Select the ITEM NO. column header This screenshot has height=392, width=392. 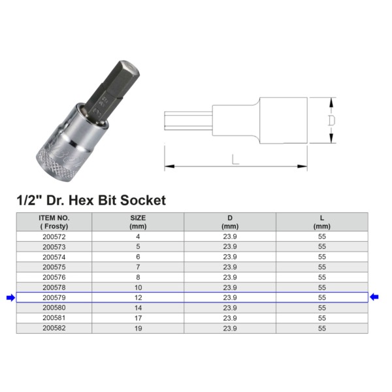[x=54, y=221]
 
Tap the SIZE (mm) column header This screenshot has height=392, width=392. [x=138, y=221]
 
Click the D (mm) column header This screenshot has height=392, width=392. [x=230, y=221]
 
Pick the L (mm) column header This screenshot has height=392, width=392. [x=322, y=221]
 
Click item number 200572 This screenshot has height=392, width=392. [x=54, y=237]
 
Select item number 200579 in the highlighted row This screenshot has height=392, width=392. [x=54, y=297]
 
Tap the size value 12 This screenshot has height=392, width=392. [x=138, y=297]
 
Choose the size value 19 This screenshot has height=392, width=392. [x=138, y=328]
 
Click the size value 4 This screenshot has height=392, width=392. [x=138, y=237]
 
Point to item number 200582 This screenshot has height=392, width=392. [x=54, y=328]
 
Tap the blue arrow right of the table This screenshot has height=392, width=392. [x=376, y=298]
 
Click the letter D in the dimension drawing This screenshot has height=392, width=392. [x=331, y=121]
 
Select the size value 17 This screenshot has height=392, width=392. [x=138, y=318]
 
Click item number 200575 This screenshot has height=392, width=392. [x=54, y=267]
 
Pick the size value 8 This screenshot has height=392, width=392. [x=138, y=277]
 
